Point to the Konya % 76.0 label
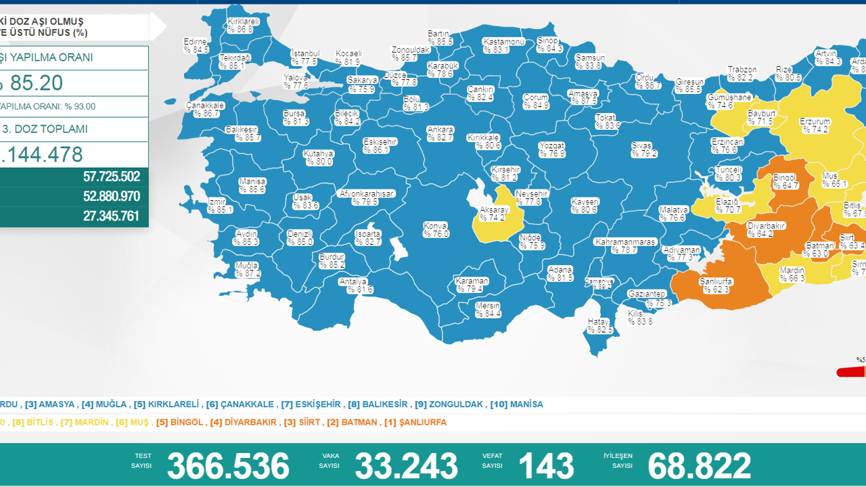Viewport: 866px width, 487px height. (436, 230)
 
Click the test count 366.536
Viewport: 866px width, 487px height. (228, 466)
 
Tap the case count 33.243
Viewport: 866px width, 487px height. (406, 466)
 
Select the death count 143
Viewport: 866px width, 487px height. (546, 466)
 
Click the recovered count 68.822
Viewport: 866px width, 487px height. (699, 466)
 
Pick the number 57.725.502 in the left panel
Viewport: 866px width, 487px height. (112, 177)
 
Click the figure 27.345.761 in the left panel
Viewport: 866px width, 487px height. (112, 216)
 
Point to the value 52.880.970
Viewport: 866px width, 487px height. (112, 197)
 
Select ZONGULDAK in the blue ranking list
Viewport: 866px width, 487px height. (456, 404)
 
